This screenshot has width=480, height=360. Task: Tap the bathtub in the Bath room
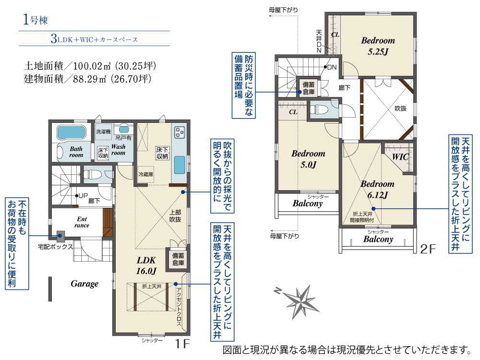[71, 132]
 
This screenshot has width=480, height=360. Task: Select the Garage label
[84, 284]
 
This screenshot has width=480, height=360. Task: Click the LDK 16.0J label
[146, 265]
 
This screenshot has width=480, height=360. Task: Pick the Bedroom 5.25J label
[378, 46]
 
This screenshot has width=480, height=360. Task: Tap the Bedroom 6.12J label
[377, 189]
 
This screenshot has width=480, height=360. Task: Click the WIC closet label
[400, 157]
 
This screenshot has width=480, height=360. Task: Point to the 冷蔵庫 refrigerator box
[146, 174]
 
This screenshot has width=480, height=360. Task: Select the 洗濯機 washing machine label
[103, 131]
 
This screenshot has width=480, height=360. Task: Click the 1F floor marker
[182, 344]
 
